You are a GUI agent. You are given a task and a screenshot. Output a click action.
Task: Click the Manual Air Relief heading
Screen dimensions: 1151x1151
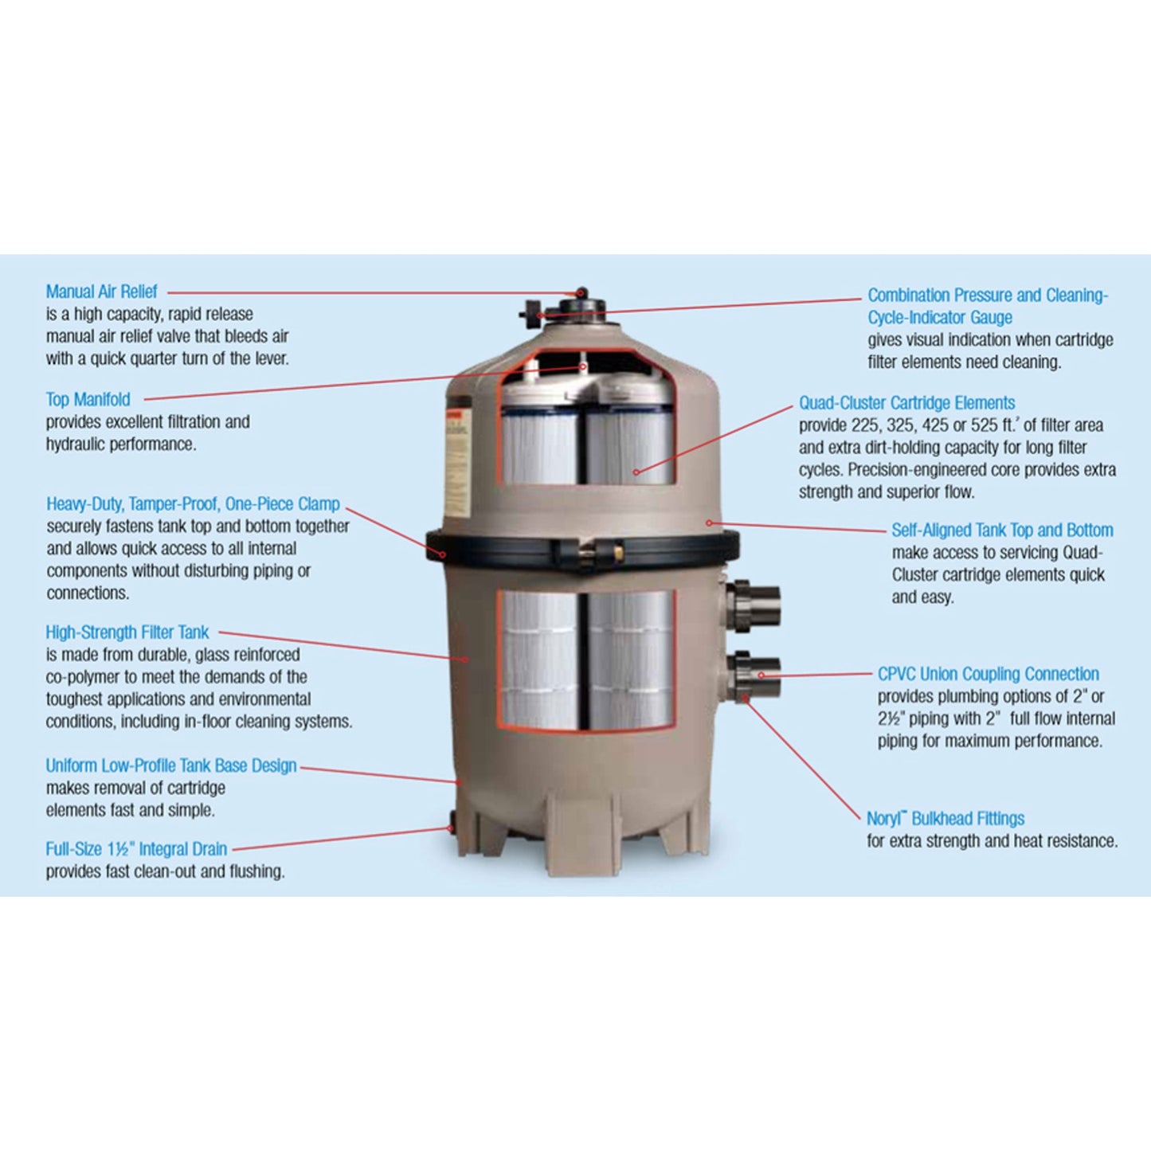[x=101, y=292]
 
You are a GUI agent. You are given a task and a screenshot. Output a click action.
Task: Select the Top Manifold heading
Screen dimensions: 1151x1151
[x=88, y=400]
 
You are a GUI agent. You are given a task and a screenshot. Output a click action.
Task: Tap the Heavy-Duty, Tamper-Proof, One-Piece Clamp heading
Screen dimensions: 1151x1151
[x=193, y=504]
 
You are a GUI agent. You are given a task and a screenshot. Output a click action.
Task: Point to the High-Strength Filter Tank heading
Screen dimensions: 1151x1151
[x=127, y=632]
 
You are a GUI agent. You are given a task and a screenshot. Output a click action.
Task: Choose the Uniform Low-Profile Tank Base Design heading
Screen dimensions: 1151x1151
[x=170, y=766]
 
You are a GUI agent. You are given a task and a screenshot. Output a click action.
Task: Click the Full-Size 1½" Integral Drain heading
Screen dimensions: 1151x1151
[x=136, y=849]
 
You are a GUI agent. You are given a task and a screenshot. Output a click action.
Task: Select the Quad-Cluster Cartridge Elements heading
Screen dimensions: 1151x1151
[x=906, y=403]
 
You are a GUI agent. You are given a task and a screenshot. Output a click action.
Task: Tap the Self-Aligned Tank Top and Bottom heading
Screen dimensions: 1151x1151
[x=1002, y=530]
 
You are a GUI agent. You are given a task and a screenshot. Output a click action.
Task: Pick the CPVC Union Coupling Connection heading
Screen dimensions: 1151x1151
[x=988, y=674]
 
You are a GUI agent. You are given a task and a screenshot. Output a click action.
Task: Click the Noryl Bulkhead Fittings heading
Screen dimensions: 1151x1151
[x=945, y=819]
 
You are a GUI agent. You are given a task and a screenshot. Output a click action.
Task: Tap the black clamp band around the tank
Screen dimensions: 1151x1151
[x=510, y=549]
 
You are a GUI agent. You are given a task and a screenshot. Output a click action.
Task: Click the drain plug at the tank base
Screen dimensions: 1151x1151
[x=451, y=826]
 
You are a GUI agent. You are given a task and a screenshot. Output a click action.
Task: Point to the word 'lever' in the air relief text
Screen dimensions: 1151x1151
[x=270, y=359]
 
